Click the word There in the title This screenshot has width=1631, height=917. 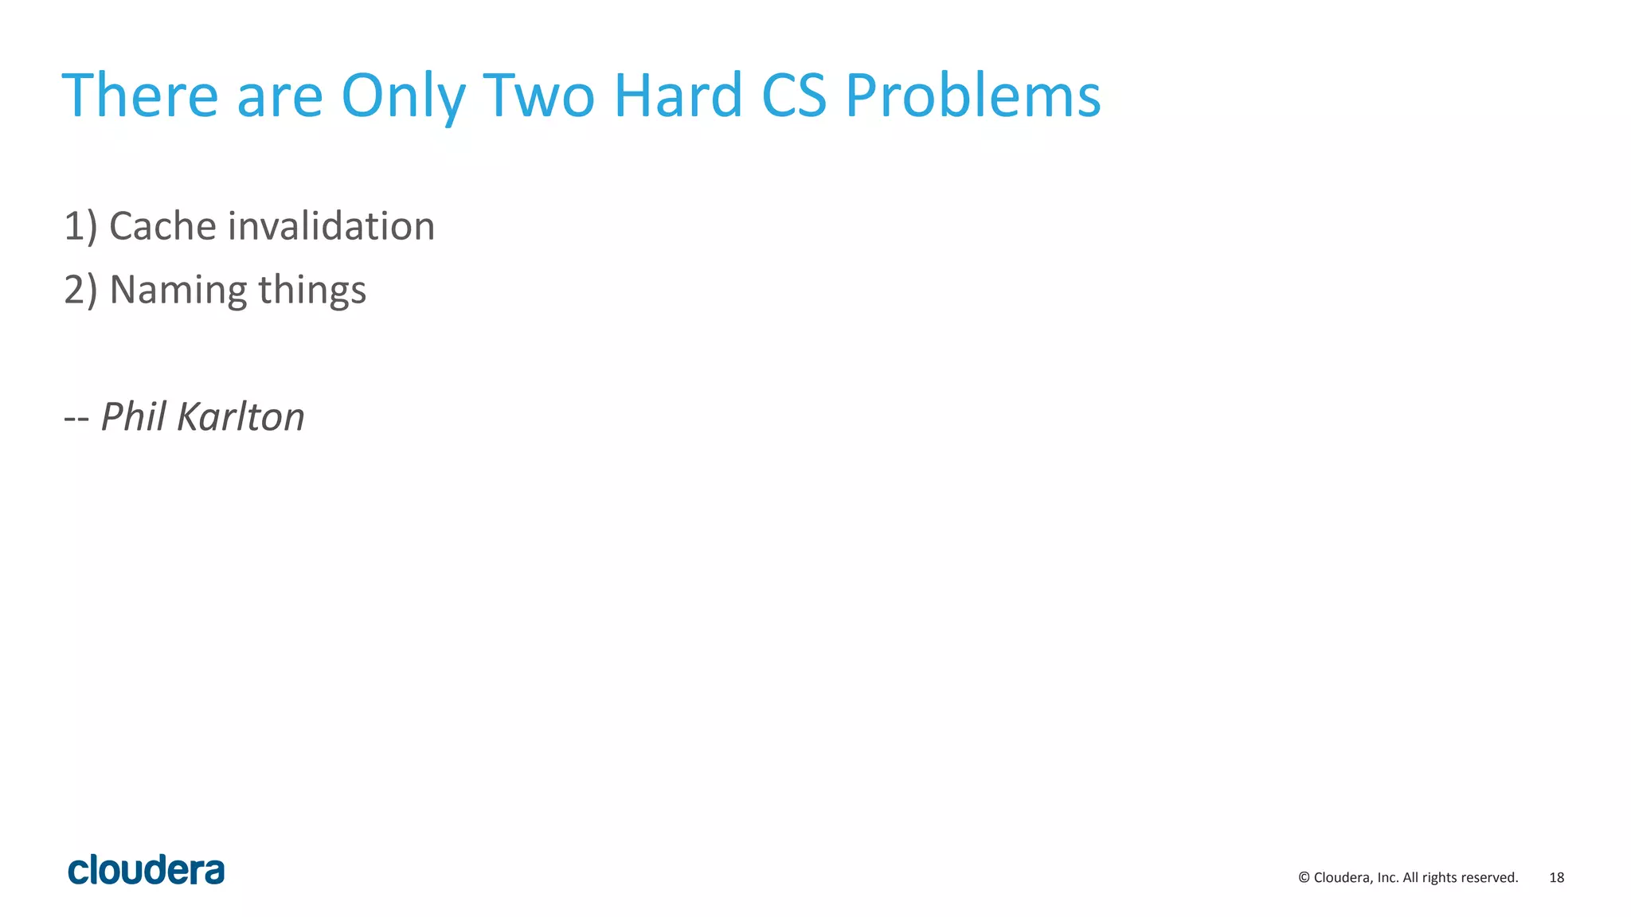coord(140,96)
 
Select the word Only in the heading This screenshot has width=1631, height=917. coord(403,97)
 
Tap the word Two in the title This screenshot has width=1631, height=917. coord(539,96)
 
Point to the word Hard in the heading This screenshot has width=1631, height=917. coord(678,96)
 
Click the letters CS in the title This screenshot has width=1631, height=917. coord(794,96)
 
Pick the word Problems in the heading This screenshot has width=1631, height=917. coord(972,96)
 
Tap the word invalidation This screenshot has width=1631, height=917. coord(331,226)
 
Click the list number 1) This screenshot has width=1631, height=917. coord(80,227)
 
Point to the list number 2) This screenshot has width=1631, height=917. coord(80,291)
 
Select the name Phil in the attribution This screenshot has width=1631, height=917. coord(133,416)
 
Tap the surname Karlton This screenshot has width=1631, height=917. coord(241,417)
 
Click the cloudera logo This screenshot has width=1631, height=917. coord(147,870)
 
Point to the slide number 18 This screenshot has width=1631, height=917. coord(1556,877)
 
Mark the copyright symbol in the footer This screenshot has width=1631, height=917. coord(1304,877)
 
